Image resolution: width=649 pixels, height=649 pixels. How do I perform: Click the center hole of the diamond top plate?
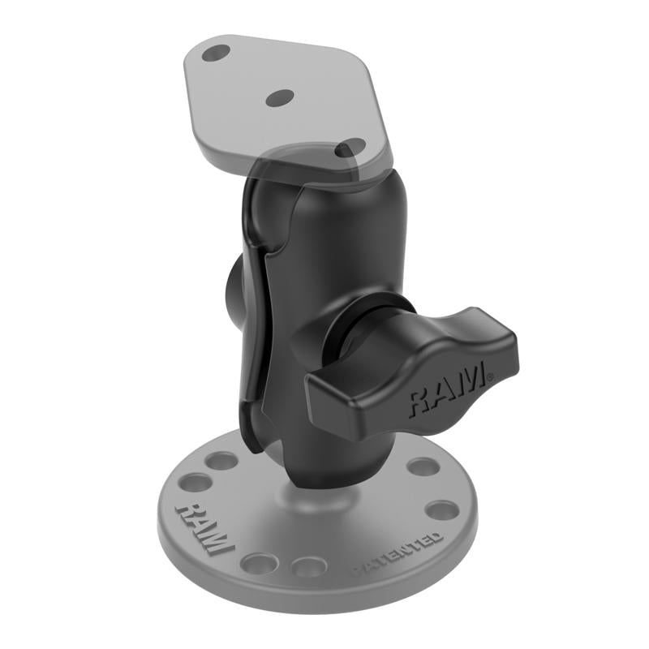[279, 97]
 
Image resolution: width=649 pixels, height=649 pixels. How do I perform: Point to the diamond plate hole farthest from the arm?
[215, 54]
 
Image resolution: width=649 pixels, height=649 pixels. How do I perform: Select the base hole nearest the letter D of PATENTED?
[443, 511]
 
